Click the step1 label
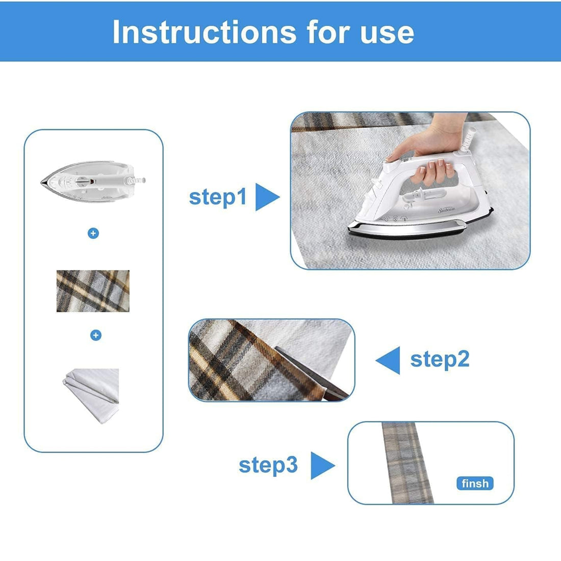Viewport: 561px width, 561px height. pos(218,197)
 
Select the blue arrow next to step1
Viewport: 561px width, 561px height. pos(267,197)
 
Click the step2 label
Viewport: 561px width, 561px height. pos(440,359)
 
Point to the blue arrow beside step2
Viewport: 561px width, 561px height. pos(388,360)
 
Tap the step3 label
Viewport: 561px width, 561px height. pos(268,465)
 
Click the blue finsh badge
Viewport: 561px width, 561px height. pos(475,483)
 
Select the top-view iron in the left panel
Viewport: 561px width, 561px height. pos(93,182)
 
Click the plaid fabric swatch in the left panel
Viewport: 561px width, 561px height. pos(93,291)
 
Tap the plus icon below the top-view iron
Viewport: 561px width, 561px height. pos(93,233)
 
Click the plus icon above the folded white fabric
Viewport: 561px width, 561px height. pos(95,335)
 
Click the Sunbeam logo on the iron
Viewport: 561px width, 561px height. pos(447,210)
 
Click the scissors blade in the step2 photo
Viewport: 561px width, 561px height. pos(311,373)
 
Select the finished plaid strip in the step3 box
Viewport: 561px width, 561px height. pos(407,463)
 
